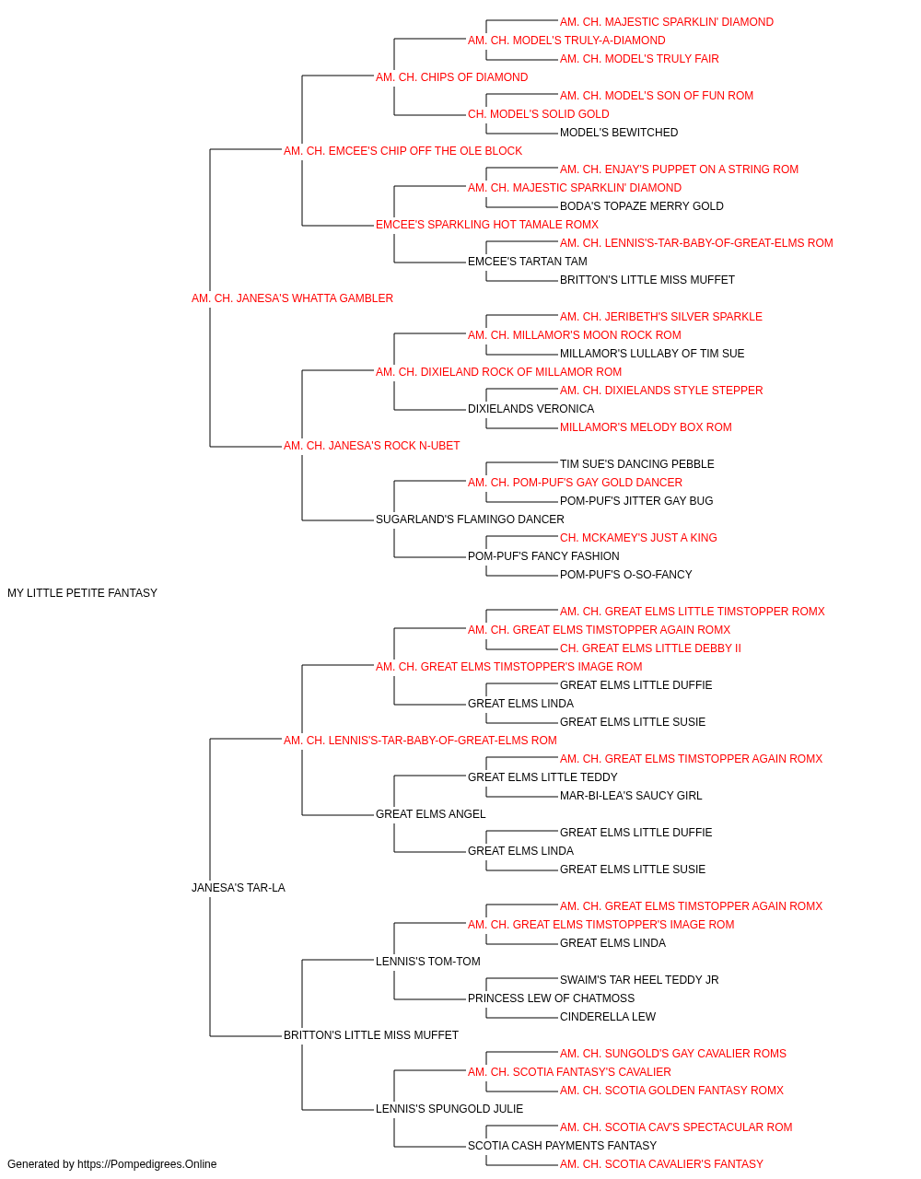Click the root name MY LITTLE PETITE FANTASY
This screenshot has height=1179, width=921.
[83, 593]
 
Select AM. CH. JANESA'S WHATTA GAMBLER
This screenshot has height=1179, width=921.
[292, 298]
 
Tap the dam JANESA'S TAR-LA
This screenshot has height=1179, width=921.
[239, 888]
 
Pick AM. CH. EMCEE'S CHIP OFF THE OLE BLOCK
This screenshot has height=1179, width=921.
[403, 151]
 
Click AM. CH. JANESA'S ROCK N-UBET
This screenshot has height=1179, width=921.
[371, 446]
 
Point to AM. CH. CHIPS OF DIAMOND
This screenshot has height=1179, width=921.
[452, 77]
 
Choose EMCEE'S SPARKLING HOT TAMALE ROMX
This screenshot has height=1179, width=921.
[487, 225]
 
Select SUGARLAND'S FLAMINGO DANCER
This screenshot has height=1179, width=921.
[470, 519]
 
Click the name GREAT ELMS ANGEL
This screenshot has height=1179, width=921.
[431, 814]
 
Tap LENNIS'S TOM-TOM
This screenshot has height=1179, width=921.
[428, 962]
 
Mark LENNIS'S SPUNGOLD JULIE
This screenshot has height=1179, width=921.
[449, 1108]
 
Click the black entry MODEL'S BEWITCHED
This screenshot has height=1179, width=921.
[619, 133]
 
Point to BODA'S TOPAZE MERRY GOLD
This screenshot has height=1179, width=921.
[642, 206]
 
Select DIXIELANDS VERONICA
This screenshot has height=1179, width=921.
[531, 409]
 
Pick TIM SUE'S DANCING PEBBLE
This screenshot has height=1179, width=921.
[636, 464]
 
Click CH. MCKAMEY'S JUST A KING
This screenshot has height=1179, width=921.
[638, 538]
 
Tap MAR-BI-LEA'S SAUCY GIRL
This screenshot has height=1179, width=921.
[631, 796]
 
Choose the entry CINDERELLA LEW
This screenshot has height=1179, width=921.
[608, 1017]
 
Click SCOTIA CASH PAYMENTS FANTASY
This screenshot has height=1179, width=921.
[562, 1145]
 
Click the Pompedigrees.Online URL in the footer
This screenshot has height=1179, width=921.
[147, 1164]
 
